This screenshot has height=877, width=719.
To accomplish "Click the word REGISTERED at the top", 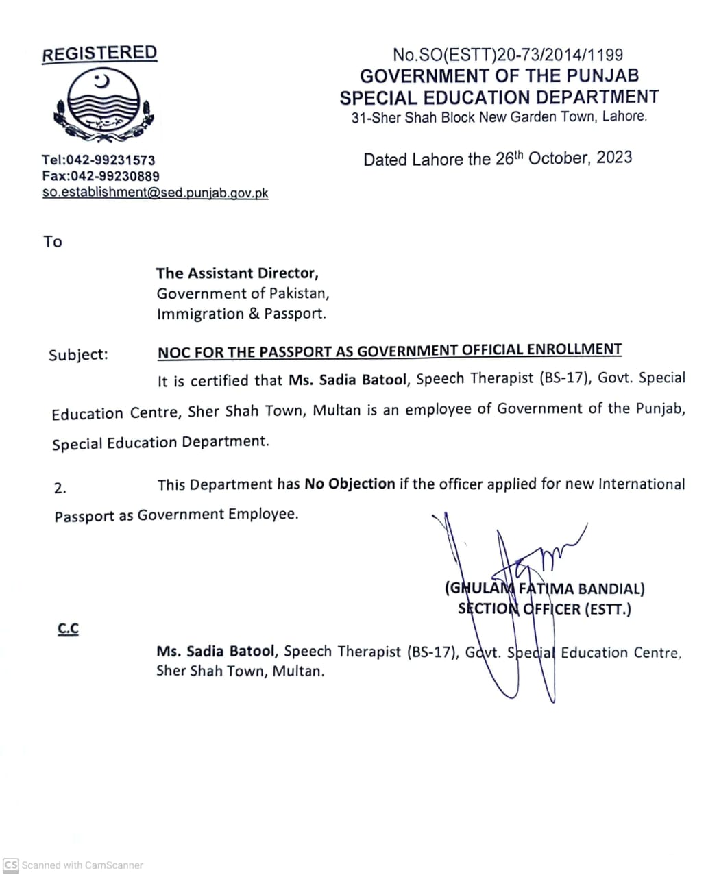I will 99,53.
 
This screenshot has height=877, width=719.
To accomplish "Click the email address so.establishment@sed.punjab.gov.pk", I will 155,193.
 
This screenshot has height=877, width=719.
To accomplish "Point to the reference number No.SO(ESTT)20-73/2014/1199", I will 507,55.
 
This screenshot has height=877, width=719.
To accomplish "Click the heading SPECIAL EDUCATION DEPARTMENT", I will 499,97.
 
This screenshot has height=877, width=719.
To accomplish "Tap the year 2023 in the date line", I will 613,158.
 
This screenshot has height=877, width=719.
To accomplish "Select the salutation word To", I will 53,242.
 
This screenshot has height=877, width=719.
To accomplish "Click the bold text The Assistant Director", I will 237,273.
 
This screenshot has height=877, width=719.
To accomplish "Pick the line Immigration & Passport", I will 241,314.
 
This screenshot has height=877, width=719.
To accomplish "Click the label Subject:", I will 78,355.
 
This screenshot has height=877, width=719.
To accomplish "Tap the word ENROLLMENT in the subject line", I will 574,349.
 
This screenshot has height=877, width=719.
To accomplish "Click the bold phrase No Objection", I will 350,484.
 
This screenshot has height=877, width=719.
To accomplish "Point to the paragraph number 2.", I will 60,489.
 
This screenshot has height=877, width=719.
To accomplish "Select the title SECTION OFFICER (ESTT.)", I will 544,608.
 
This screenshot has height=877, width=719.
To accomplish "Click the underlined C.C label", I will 68,628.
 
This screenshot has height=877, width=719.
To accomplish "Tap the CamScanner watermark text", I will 82,865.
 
